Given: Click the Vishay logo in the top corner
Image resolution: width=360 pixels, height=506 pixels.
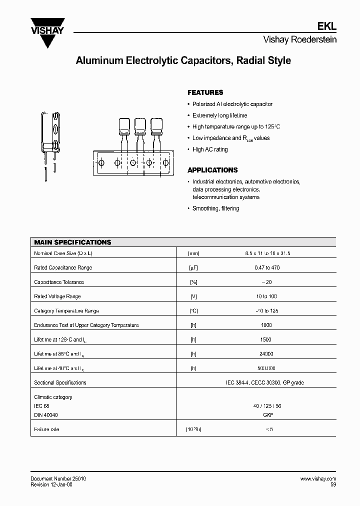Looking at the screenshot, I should coord(48,27).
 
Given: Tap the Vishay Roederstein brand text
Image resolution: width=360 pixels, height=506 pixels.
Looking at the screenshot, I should coord(300,40).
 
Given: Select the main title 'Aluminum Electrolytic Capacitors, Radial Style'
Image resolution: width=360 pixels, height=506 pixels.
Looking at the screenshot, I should coord(183,61).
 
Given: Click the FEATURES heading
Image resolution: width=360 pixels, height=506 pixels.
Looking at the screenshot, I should coord(205,92).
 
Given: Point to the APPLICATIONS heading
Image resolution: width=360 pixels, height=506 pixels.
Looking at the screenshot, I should coord(212,170).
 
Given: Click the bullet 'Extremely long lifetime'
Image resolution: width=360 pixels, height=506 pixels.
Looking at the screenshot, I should coord(219,115).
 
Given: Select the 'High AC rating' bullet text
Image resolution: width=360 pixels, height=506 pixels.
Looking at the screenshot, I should coord(210,149).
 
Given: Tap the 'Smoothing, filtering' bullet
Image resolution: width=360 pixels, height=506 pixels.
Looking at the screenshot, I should coord(215,208).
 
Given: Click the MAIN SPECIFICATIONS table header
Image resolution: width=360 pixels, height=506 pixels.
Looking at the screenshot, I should coord(72,242).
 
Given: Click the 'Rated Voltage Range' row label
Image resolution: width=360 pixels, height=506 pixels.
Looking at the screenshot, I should coord(57,296).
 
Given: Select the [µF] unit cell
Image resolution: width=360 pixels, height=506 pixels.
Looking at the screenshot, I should coord(193,268).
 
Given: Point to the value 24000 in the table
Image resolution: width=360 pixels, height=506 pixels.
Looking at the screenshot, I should coord(266,354).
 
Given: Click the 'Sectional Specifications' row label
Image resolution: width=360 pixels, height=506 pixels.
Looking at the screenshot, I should coord(60,382).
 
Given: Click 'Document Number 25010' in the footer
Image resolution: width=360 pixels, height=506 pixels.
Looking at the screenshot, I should coord(58,479).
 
